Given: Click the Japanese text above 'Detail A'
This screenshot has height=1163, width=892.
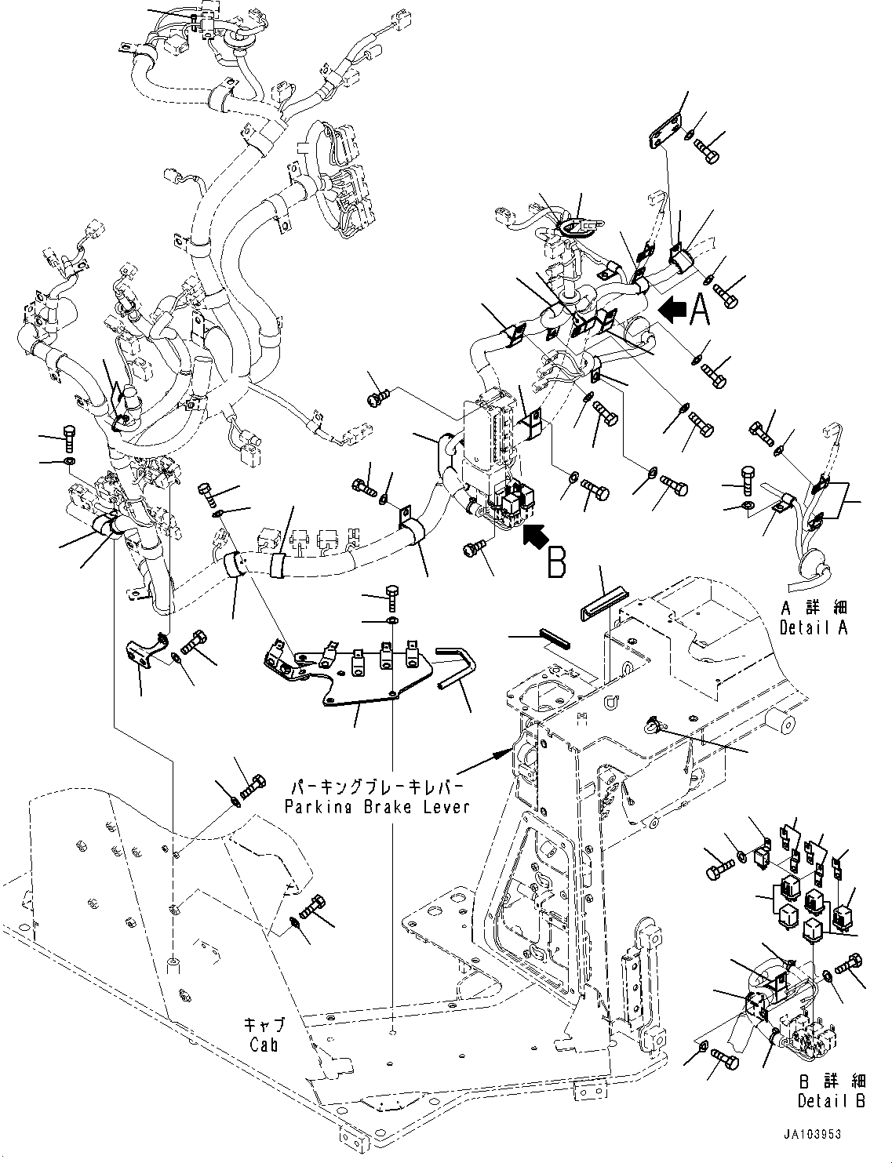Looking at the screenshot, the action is click(814, 608).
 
